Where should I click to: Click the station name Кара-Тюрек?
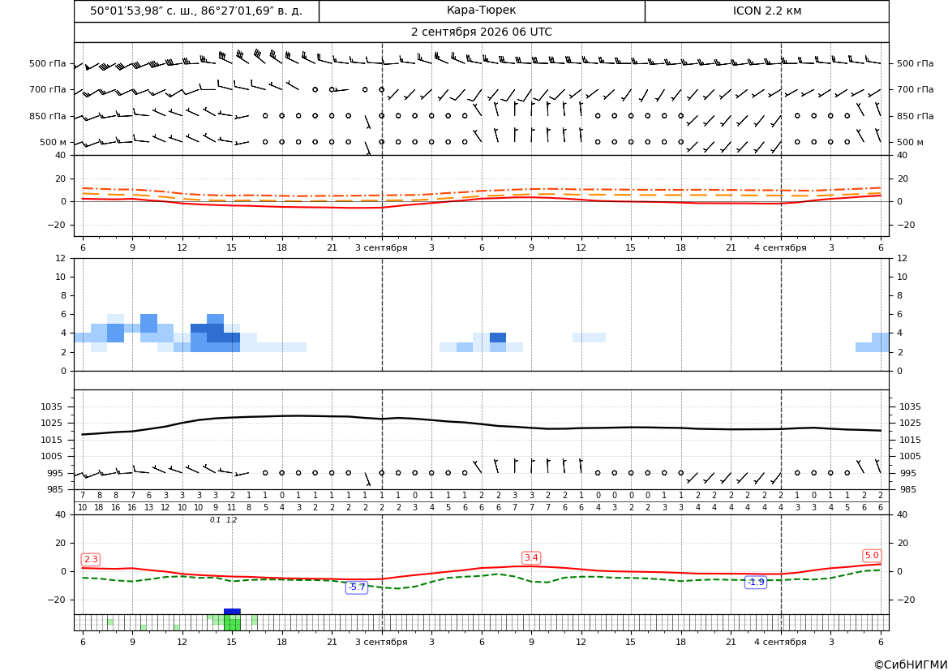click(481, 11)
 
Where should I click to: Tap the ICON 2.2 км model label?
click(766, 11)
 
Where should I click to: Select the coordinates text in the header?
click(196, 11)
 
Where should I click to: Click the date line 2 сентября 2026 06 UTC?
click(481, 32)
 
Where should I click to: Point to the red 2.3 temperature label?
click(91, 560)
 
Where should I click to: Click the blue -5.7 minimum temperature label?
click(357, 587)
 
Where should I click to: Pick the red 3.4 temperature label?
click(531, 558)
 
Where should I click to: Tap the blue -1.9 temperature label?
click(756, 582)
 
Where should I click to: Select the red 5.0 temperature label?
click(872, 556)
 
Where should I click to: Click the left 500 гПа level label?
click(48, 63)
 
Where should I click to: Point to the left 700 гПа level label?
click(48, 89)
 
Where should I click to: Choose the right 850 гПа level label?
click(916, 116)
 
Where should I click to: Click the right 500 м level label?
click(910, 142)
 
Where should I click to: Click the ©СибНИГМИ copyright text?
click(911, 665)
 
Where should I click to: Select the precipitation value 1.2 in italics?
click(232, 520)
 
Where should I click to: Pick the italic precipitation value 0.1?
click(215, 520)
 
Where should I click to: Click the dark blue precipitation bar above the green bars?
click(232, 612)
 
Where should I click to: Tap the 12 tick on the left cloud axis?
click(61, 258)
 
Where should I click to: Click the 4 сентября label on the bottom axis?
click(780, 642)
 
